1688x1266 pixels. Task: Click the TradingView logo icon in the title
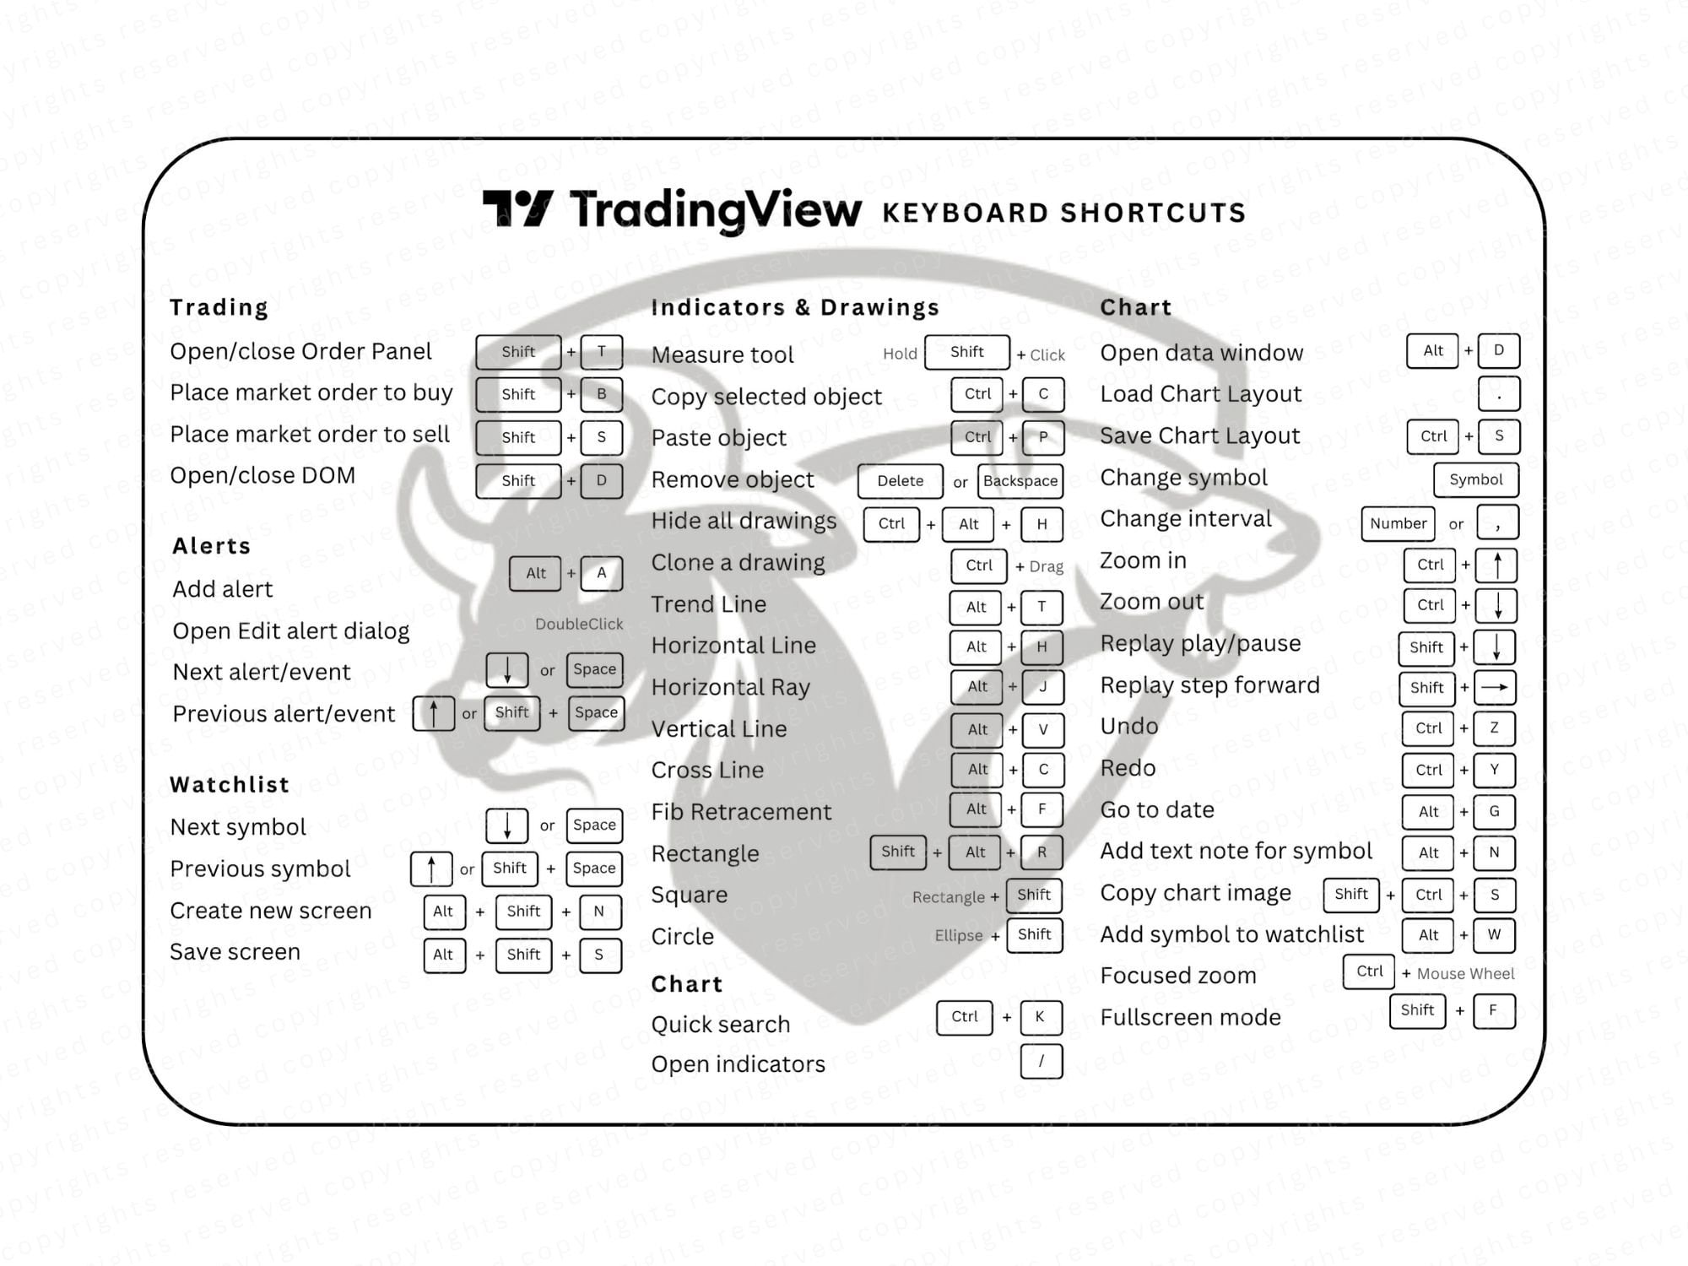[517, 208]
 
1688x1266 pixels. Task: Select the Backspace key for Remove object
[1020, 481]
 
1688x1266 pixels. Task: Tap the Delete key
[900, 481]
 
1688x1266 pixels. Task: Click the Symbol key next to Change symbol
[1475, 479]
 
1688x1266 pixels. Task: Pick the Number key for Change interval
[1398, 523]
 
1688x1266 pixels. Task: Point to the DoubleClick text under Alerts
[579, 624]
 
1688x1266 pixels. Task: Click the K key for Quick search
[1040, 1017]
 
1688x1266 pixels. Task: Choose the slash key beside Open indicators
[1041, 1061]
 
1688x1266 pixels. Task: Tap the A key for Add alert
[601, 573]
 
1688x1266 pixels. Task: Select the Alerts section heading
[212, 546]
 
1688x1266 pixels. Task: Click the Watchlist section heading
[230, 785]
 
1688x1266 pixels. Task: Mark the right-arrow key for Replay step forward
[1494, 687]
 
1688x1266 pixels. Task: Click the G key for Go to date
[1494, 811]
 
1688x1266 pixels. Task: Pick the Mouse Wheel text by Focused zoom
[1465, 974]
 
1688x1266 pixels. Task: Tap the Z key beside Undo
[1494, 728]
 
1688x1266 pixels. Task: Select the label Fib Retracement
[741, 812]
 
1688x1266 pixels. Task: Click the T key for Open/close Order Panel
[601, 352]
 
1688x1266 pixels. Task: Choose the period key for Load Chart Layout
[1498, 394]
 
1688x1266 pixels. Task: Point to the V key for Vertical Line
[1042, 729]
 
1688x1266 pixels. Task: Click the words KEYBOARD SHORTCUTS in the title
[1063, 213]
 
